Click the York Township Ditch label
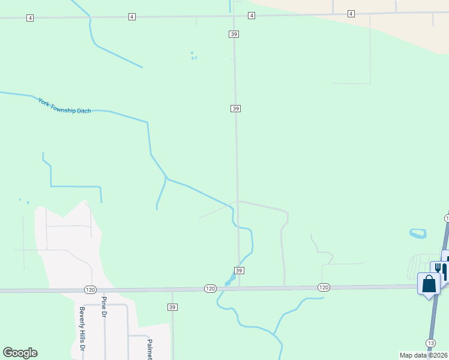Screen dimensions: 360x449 (x=64, y=106)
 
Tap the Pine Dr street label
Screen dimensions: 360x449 (x=104, y=307)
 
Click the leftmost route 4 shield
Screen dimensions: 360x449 (x=30, y=18)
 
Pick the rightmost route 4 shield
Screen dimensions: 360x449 (x=351, y=14)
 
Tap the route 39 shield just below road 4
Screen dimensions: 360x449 (x=234, y=35)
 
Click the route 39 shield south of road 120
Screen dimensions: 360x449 (x=172, y=307)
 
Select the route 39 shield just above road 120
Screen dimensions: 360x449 (x=239, y=271)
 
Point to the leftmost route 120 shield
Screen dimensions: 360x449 (x=89, y=289)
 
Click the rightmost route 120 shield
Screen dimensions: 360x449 (x=324, y=287)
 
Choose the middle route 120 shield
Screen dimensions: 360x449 (x=209, y=289)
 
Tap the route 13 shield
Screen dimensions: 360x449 (x=430, y=343)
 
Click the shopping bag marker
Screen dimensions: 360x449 (x=429, y=284)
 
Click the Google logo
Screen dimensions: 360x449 (x=20, y=353)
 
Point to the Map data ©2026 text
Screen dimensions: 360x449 (x=424, y=355)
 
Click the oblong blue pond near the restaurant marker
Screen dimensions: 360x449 (x=417, y=233)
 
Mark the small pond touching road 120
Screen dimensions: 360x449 (x=229, y=280)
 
